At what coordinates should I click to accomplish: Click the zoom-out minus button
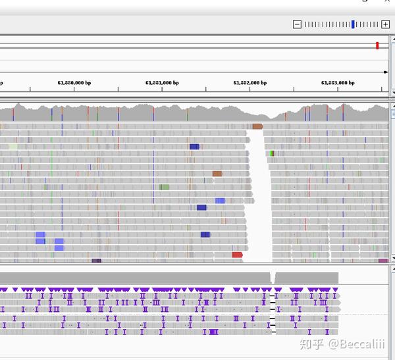pos(297,24)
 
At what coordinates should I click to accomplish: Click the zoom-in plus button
pos(385,24)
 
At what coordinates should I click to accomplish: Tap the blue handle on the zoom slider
pos(354,24)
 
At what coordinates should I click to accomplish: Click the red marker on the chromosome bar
pos(377,45)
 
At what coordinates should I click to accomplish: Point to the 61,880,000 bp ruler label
pos(74,83)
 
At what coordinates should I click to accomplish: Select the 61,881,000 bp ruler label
pos(162,83)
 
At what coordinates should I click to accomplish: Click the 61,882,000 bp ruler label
pos(250,83)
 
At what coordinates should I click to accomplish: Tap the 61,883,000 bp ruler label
pos(338,83)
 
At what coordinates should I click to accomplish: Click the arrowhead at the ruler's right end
pos(386,72)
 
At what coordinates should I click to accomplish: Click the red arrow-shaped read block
pos(237,255)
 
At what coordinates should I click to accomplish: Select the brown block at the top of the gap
pos(257,126)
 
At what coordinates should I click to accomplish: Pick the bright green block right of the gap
pos(271,153)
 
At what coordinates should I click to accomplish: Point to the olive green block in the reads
pos(164,187)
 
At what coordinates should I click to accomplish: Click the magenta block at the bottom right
pos(383,261)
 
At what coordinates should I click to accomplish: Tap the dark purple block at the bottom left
pos(96,261)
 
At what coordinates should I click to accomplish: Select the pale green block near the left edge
pos(13,147)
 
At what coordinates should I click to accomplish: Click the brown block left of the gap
pos(217,174)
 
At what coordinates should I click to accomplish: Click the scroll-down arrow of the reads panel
pos(392,258)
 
